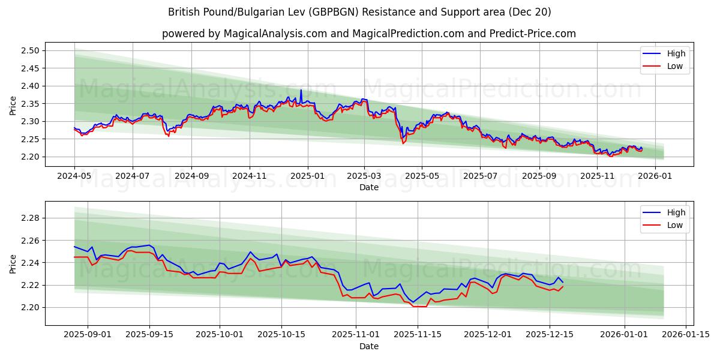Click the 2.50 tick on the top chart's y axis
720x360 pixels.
coord(31,50)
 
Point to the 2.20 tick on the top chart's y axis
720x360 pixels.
coord(31,157)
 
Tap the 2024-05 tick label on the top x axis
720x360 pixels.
coord(74,176)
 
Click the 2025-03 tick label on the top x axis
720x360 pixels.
coord(364,176)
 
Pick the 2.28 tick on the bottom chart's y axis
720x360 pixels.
coord(31,218)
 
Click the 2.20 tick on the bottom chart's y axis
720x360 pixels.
coord(31,307)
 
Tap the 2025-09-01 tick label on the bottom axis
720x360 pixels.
coord(88,335)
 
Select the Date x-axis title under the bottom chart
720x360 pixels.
coord(369,346)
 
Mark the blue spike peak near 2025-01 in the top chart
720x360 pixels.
coord(301,90)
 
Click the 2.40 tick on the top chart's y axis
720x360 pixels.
coord(31,86)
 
